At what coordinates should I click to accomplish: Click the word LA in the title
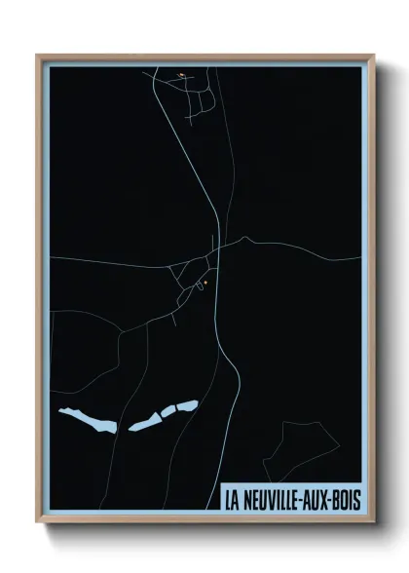point(232,500)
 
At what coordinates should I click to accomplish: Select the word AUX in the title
point(321,500)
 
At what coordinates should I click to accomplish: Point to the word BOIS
point(349,500)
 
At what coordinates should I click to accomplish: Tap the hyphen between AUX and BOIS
point(334,500)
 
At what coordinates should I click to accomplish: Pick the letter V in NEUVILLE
point(275,500)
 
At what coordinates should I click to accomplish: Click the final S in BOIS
point(357,500)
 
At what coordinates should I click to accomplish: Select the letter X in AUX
point(328,500)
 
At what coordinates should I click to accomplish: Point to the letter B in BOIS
point(340,500)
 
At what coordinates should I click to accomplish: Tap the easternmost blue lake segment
point(186,405)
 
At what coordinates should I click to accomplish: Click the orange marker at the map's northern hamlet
point(181,74)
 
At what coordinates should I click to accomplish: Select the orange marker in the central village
point(204,283)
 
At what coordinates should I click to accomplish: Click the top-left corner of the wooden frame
point(38,56)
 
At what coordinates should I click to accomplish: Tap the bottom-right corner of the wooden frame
point(373,521)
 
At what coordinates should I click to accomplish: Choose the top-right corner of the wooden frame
point(373,56)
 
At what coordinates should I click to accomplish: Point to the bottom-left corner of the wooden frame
point(38,521)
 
